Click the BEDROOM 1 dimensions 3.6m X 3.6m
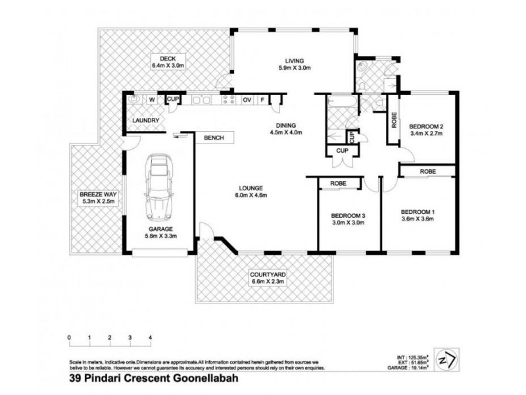click(x=418, y=220)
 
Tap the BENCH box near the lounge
click(x=214, y=138)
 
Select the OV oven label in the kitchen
click(x=248, y=100)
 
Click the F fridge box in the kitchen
click(x=263, y=100)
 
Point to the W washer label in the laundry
click(x=151, y=100)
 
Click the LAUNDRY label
click(x=145, y=120)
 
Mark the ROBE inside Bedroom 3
click(x=338, y=183)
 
